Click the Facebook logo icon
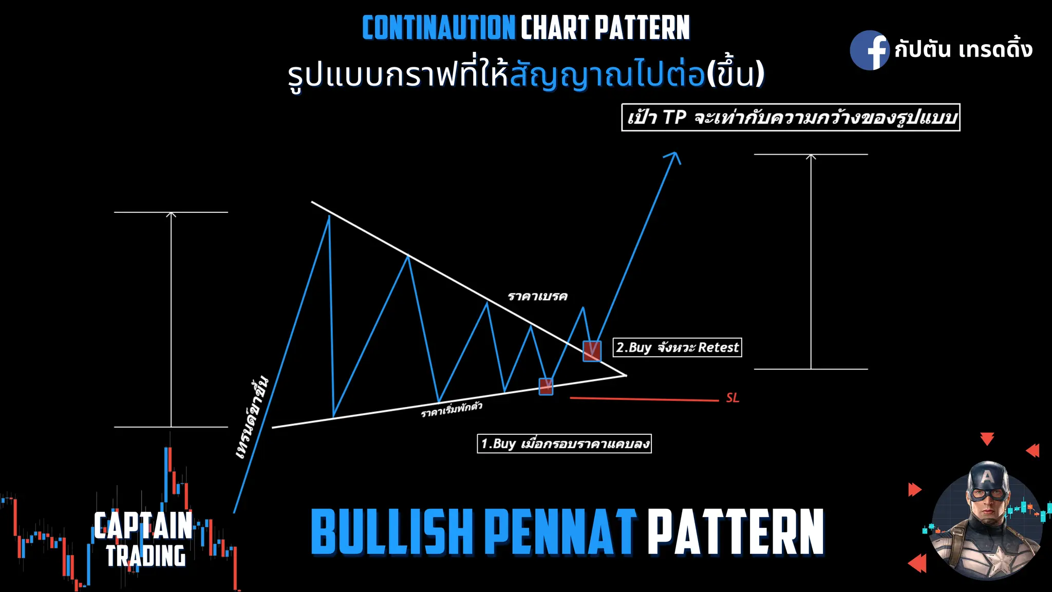(x=869, y=50)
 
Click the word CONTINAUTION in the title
(x=439, y=28)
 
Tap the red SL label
(x=732, y=398)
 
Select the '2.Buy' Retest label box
(x=677, y=348)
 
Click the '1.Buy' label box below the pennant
(x=564, y=443)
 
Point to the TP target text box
(x=791, y=118)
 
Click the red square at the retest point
(x=592, y=351)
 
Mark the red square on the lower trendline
(x=546, y=386)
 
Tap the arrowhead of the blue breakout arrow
(x=675, y=156)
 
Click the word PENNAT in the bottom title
(x=560, y=532)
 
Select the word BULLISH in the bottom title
(x=391, y=532)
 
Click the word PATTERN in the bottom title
(x=736, y=532)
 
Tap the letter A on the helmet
(x=987, y=477)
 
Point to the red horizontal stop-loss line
(x=644, y=399)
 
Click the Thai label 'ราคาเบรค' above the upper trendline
(x=537, y=297)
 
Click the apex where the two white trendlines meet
(x=626, y=375)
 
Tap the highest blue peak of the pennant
(x=329, y=217)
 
